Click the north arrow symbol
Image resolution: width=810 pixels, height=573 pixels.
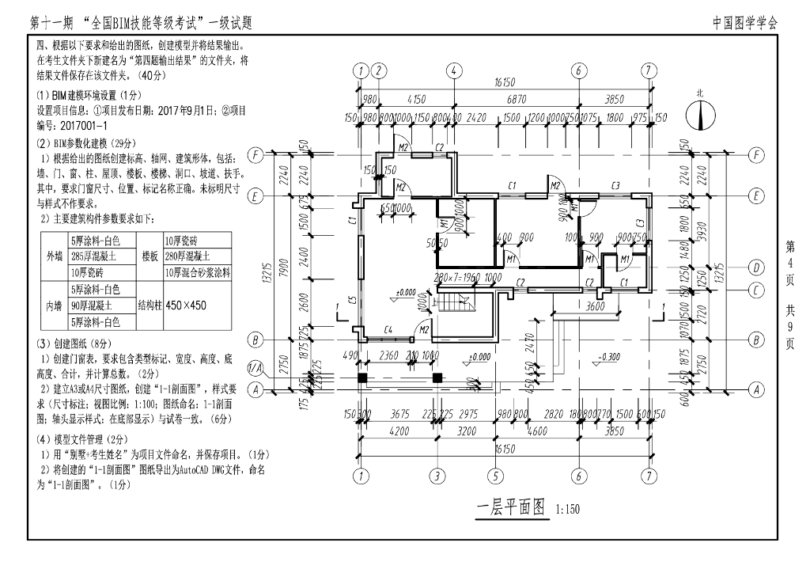699,115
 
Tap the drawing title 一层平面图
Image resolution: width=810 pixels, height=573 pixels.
511,507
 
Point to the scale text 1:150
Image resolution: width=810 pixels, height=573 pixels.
568,510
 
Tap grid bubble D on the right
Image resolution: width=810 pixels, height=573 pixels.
756,267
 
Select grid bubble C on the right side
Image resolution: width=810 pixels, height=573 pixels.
756,290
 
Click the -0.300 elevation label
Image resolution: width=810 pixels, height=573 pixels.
610,356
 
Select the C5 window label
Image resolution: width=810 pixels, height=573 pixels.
350,302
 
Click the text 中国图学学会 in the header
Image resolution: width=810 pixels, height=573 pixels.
745,23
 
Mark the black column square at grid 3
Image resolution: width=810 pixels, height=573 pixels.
437,378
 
